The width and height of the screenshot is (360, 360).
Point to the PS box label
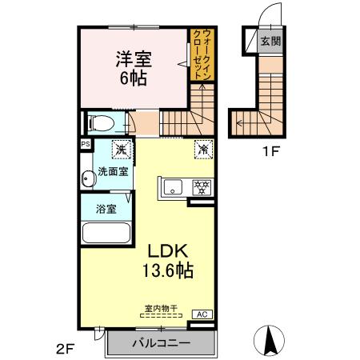point(84,144)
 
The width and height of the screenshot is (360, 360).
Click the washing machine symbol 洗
point(121,148)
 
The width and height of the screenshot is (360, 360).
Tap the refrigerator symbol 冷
point(202,149)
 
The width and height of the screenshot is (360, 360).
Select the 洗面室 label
point(113,171)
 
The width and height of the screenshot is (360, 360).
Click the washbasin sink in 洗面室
point(88,179)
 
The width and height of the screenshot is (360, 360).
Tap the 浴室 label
point(106,210)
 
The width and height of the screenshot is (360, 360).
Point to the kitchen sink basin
point(173,189)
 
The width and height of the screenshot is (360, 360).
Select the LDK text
point(167,251)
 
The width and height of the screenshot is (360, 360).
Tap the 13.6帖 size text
point(167,270)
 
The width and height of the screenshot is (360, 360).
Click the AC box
point(202,314)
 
